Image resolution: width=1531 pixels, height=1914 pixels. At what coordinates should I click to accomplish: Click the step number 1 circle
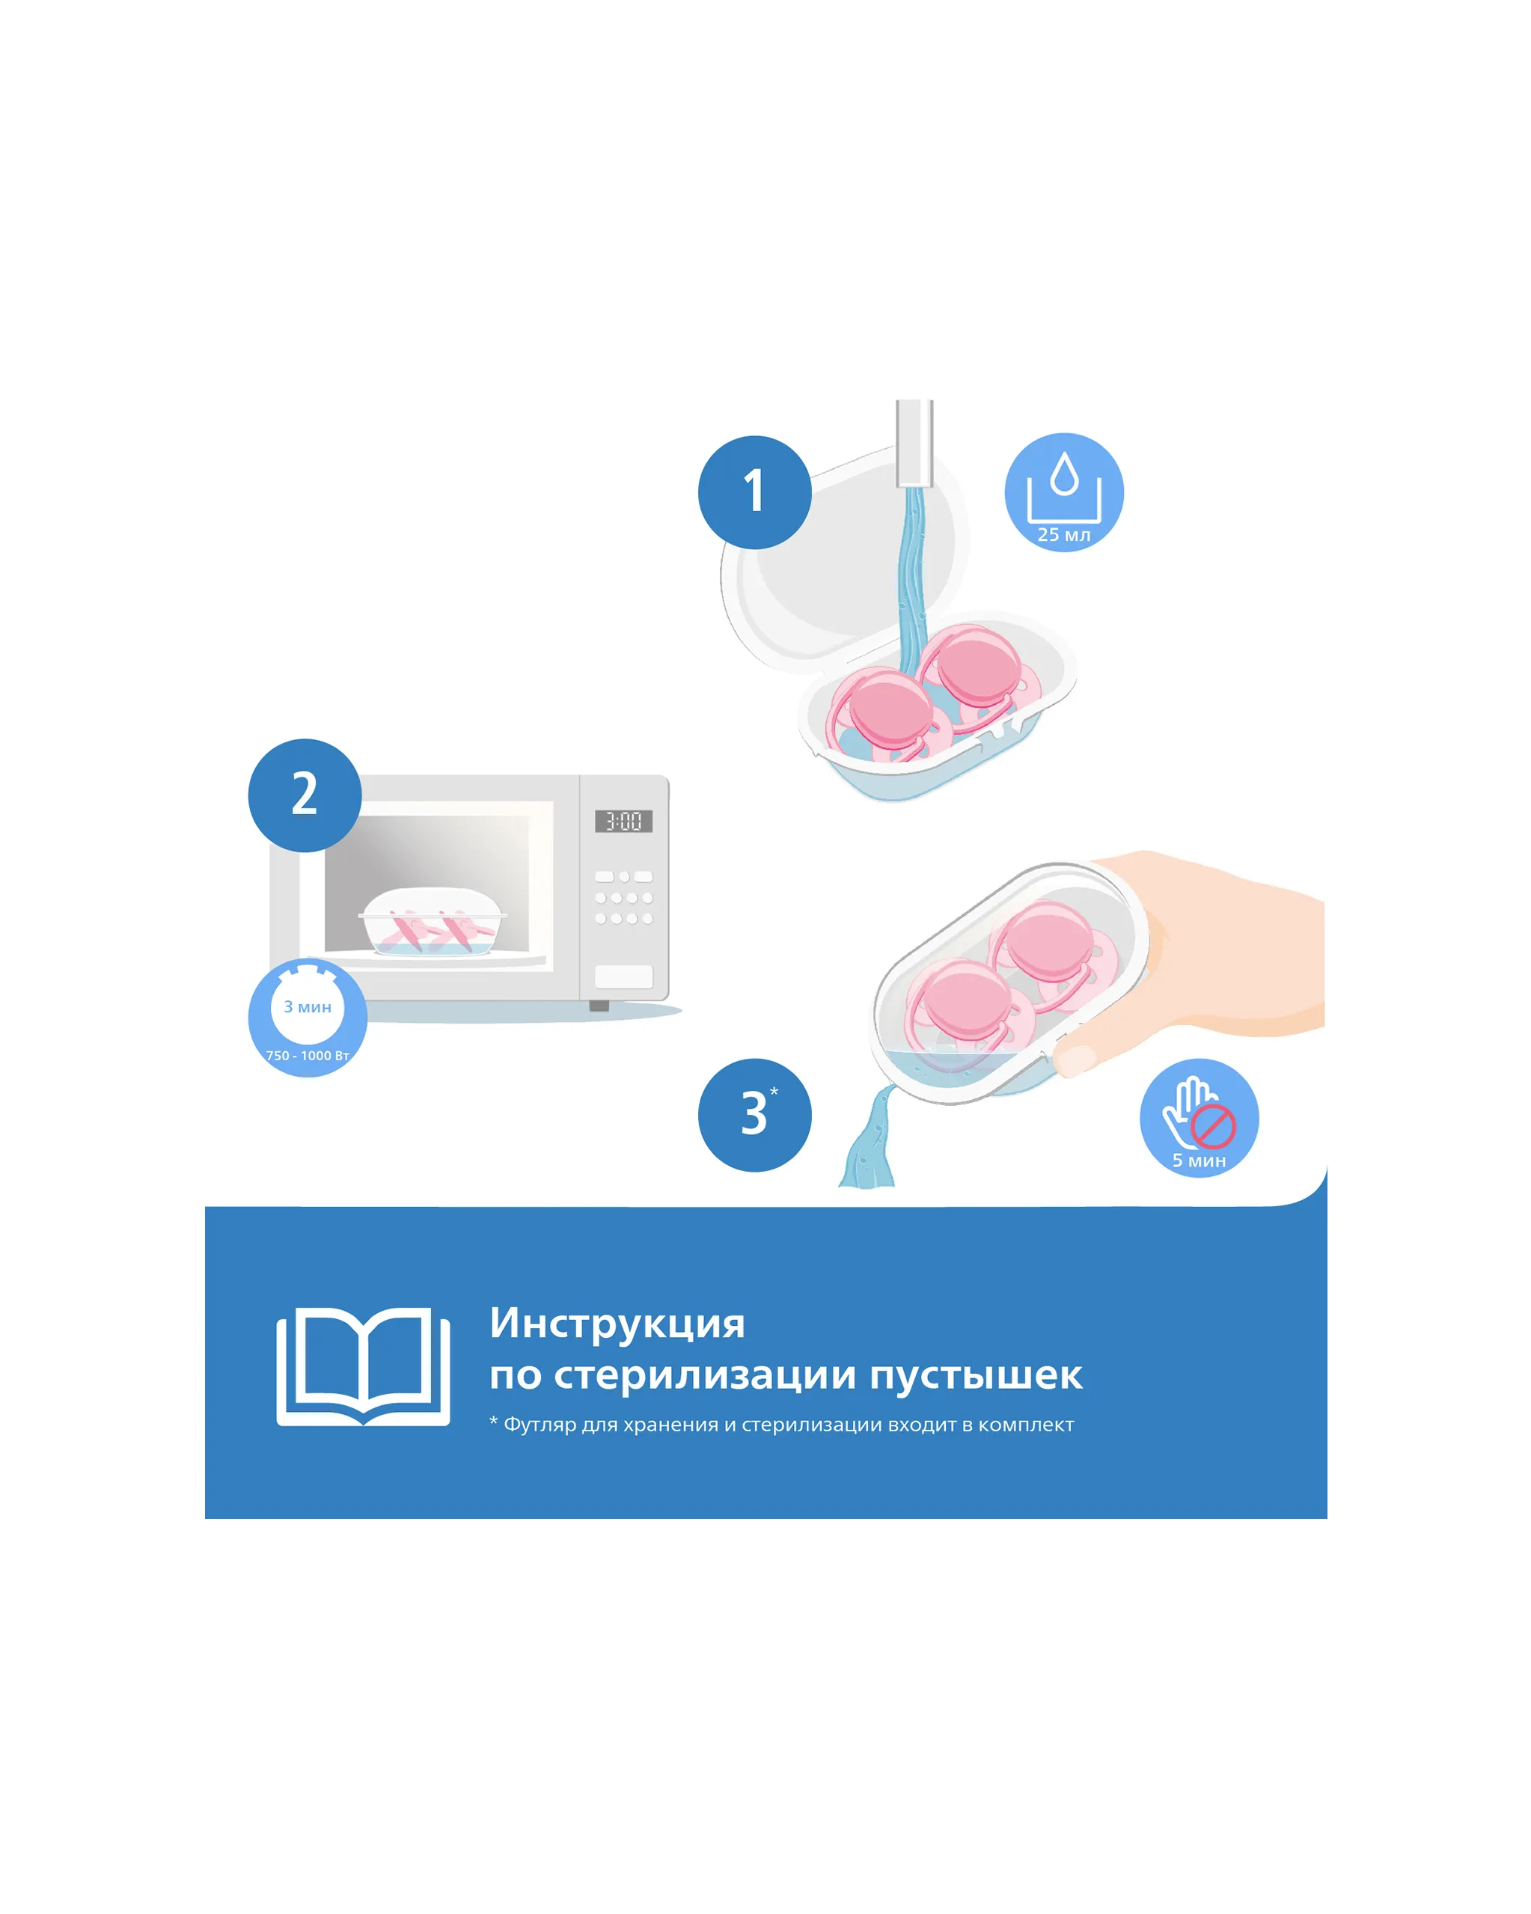[754, 492]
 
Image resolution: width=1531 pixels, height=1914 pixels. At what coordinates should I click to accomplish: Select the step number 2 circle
[305, 795]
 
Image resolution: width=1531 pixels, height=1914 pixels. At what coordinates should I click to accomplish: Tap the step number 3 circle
[754, 1115]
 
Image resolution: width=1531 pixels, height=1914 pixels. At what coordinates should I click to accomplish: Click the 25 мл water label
[1064, 534]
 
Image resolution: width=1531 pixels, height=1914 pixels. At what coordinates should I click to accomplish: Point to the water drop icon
[1064, 474]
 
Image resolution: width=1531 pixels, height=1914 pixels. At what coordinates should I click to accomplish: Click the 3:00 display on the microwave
[623, 821]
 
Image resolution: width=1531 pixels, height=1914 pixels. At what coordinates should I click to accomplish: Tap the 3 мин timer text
[308, 1006]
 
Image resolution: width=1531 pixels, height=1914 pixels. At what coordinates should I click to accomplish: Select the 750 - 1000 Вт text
[308, 1056]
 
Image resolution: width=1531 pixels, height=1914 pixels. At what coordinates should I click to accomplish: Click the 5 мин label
[1199, 1161]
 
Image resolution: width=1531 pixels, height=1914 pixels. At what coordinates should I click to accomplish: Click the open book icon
[363, 1366]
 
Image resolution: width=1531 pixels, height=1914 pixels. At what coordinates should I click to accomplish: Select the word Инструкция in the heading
[617, 1324]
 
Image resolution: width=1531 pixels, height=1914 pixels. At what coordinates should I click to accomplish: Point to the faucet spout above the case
[914, 442]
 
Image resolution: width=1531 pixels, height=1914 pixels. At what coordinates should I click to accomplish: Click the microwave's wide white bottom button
[623, 976]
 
